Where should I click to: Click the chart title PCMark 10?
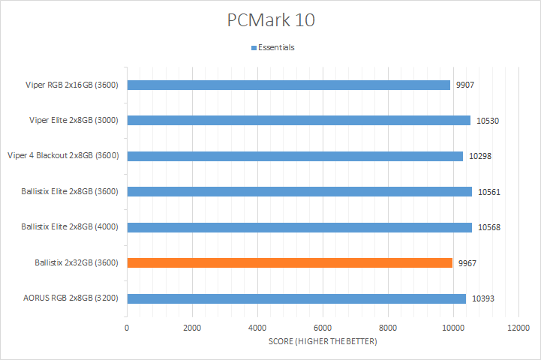(x=270, y=19)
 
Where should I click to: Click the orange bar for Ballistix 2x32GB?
(x=290, y=262)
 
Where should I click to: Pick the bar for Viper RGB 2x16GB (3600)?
(x=288, y=84)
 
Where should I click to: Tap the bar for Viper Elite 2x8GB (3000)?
(x=299, y=120)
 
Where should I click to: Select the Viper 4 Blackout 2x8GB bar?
(x=295, y=155)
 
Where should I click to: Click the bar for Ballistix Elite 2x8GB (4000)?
(x=299, y=227)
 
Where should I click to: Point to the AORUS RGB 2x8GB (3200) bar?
(x=296, y=298)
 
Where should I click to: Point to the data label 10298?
(x=480, y=156)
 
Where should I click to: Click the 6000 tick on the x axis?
(x=323, y=328)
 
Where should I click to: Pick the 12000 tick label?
(x=518, y=328)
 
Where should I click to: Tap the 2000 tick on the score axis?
(x=192, y=328)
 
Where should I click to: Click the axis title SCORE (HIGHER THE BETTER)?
(x=323, y=342)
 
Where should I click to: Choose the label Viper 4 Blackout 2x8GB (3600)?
(x=65, y=155)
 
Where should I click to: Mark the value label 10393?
(x=483, y=299)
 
